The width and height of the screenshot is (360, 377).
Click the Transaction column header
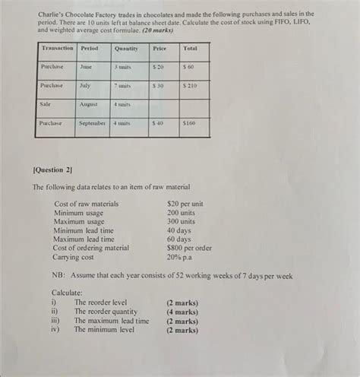point(57,48)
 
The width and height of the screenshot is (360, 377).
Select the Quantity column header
point(126,48)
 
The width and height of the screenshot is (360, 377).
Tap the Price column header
point(159,48)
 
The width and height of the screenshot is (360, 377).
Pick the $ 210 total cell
point(189,86)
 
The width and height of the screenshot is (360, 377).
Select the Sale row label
point(46,104)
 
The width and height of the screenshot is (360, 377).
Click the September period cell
point(91,123)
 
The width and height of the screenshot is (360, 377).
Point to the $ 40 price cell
point(159,123)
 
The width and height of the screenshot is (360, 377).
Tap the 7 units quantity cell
point(124,86)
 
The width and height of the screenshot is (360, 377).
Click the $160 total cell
point(189,123)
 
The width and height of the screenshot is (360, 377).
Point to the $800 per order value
point(189,248)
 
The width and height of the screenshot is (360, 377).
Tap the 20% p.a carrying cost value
point(181,257)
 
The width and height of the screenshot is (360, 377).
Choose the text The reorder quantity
point(106,312)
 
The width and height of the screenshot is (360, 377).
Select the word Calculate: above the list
point(67,293)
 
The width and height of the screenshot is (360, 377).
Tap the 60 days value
point(179,239)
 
